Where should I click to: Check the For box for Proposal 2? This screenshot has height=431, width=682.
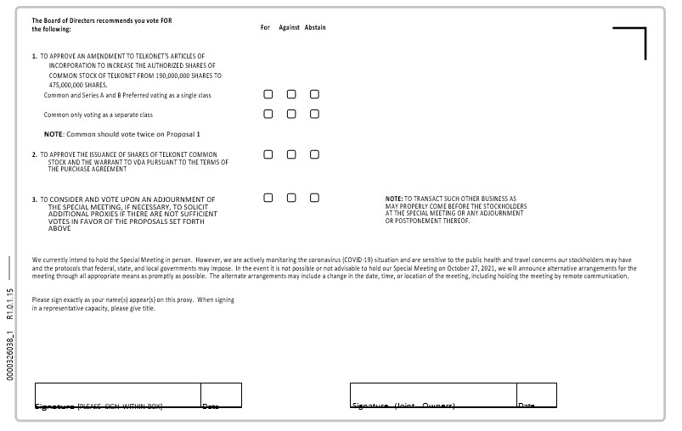click(268, 154)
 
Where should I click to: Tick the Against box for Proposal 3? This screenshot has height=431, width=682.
click(291, 198)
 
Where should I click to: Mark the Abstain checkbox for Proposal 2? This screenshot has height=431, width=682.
click(314, 154)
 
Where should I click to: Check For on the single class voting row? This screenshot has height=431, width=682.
click(268, 94)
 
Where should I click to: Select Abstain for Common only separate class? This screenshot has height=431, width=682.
click(314, 114)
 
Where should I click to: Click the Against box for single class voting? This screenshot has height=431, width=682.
click(291, 94)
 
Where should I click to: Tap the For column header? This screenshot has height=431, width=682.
click(265, 27)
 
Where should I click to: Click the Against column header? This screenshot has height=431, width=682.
click(289, 27)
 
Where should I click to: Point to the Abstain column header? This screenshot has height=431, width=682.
click(315, 27)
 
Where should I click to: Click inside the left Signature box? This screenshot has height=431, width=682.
click(117, 395)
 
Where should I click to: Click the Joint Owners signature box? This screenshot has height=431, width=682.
click(432, 395)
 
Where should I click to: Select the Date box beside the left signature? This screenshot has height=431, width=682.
click(221, 395)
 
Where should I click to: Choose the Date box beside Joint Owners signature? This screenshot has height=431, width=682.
click(536, 395)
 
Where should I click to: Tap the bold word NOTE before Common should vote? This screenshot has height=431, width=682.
click(54, 134)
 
